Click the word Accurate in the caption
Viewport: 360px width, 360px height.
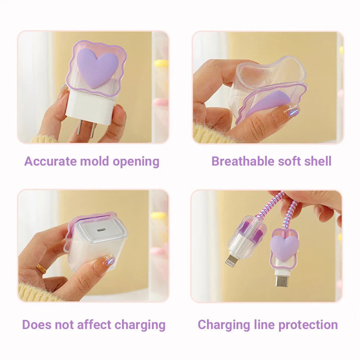pos(50,161)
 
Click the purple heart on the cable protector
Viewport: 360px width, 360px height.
pos(284,248)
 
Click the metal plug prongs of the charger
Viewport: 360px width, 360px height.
pos(86,130)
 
